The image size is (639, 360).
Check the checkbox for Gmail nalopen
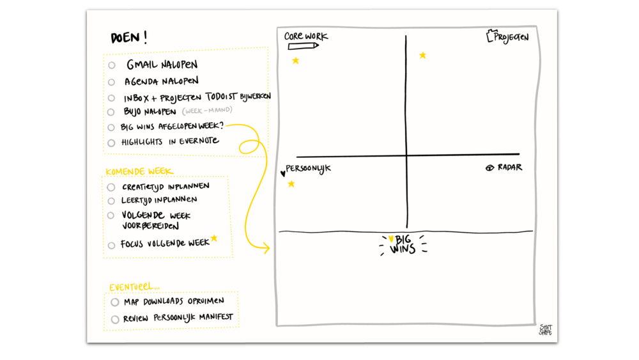(112, 65)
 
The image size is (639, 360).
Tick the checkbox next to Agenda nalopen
(112, 82)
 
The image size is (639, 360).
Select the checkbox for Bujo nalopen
(112, 112)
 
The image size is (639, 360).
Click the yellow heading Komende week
(139, 171)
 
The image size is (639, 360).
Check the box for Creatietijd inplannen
(111, 187)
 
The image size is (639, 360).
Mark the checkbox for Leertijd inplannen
(111, 201)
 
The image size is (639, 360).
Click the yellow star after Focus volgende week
(214, 239)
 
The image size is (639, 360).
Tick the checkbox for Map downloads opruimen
(115, 302)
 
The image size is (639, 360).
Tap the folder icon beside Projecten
(490, 36)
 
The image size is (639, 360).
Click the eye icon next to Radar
(490, 168)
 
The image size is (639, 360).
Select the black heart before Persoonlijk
(283, 173)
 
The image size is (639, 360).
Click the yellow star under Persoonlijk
(291, 184)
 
